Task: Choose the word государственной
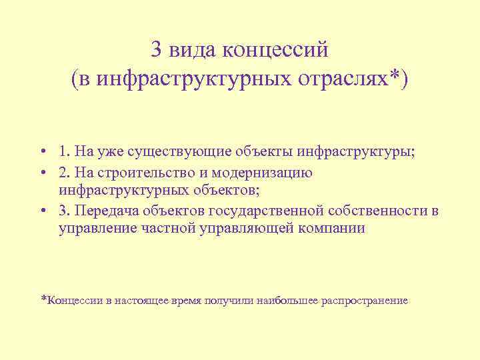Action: coord(267,211)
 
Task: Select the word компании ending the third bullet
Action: coord(334,229)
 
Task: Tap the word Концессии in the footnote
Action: coord(76,301)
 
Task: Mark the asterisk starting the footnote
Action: coord(44,299)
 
